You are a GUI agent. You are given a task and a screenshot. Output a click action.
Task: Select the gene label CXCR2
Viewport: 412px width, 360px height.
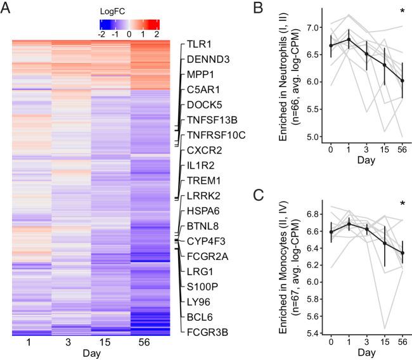(x=204, y=150)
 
